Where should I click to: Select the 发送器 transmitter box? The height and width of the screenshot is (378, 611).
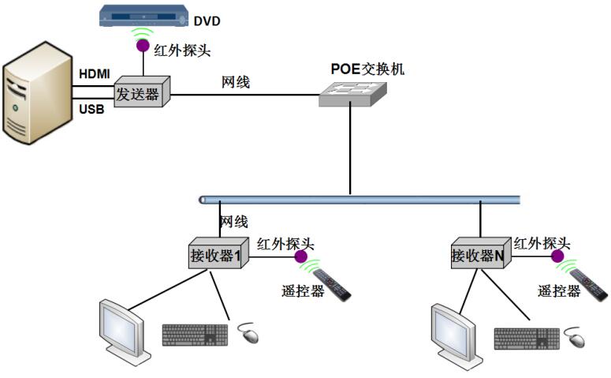(142, 93)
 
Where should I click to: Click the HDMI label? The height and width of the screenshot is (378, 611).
(95, 74)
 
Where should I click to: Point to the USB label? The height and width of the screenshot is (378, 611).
(91, 109)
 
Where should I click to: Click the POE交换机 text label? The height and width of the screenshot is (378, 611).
(367, 69)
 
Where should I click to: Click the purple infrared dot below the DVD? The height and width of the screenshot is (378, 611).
(143, 46)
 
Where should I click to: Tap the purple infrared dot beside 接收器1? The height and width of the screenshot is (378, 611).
(301, 256)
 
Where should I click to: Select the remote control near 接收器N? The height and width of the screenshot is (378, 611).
(590, 284)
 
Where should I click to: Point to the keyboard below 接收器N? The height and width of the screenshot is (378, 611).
(527, 337)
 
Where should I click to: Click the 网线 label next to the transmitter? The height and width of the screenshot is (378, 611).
(235, 81)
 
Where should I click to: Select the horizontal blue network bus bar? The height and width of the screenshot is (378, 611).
(360, 199)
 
